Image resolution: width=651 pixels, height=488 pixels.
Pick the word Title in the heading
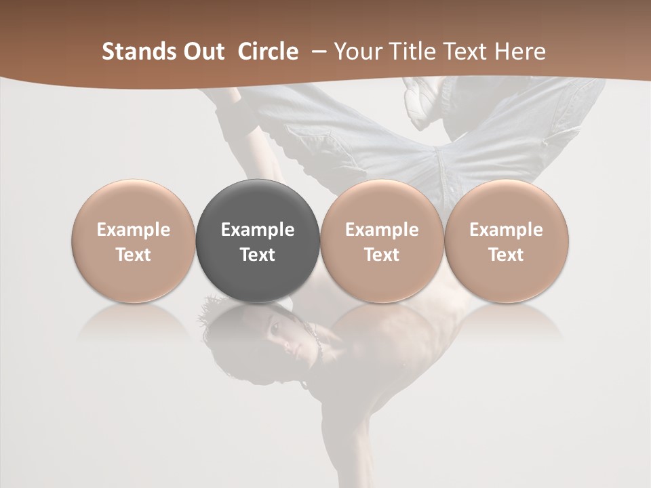(407, 52)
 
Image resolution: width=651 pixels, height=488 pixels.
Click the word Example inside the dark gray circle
(258, 230)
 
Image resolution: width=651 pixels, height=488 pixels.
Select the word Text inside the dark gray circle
(258, 255)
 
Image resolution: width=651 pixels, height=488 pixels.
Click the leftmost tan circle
(133, 241)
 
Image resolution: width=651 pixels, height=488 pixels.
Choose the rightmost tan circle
(507, 241)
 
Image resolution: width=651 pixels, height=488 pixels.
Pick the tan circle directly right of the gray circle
(382, 241)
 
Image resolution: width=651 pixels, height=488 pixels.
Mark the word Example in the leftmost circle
(133, 230)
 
